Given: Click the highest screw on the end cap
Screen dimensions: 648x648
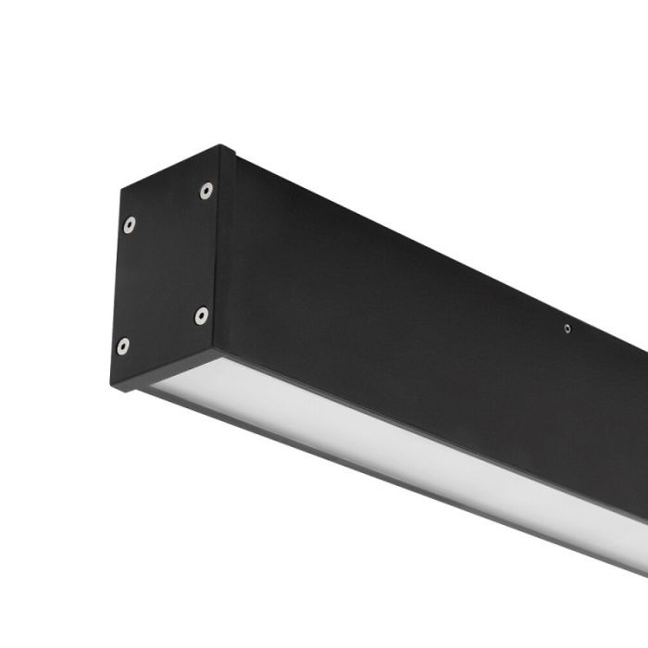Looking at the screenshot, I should [206, 191].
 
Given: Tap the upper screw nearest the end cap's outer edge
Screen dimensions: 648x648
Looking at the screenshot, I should [129, 224].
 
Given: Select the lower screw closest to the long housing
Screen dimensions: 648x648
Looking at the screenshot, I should [201, 315].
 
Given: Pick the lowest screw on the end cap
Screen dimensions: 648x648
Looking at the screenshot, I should [123, 346].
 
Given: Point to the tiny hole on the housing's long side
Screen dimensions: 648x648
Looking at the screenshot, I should [567, 328].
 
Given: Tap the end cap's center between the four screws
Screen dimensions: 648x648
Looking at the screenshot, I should [165, 268].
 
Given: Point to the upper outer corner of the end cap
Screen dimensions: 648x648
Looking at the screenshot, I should [120, 191].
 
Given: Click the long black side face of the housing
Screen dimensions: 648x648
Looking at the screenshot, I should [398, 305].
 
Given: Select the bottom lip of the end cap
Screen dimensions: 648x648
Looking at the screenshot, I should [167, 370].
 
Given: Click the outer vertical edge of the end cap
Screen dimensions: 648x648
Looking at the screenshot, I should [117, 287].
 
